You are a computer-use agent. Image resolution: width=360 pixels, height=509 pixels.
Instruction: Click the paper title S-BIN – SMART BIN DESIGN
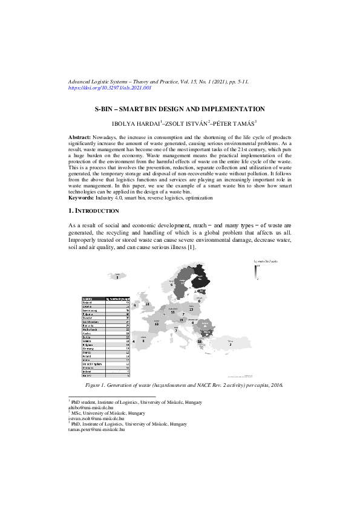[x=180, y=109]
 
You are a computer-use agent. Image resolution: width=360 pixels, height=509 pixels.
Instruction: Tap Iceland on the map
[x=117, y=276]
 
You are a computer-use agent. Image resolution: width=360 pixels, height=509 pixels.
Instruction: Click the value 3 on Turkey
[x=230, y=344]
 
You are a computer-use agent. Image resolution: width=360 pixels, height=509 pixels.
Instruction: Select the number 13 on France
[x=157, y=324]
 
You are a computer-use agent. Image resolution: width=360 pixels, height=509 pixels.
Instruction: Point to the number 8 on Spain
[x=143, y=341]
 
